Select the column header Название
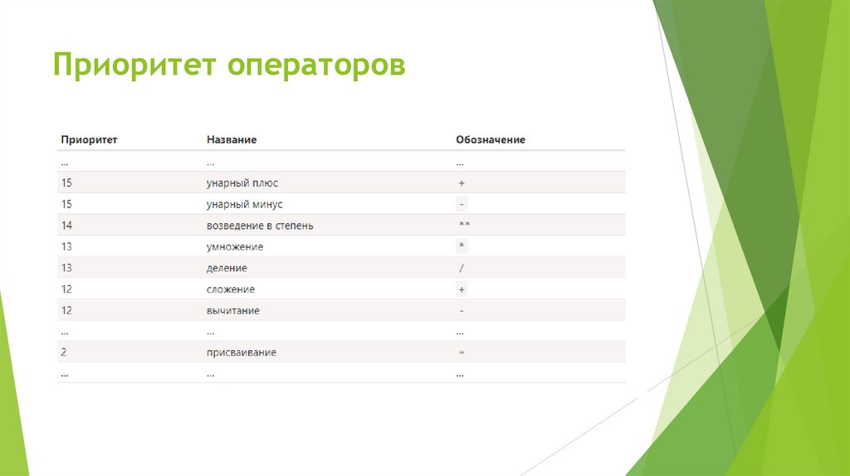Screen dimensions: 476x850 232,139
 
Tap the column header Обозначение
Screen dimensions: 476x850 491,139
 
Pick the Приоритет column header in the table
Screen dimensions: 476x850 89,139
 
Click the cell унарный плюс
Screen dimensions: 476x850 247,182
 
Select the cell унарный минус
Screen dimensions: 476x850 251,204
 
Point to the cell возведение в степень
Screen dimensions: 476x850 260,226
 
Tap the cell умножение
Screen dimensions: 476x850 235,247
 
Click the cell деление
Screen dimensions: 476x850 227,268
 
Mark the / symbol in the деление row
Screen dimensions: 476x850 462,268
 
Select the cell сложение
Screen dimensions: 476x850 231,289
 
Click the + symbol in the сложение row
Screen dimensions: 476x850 462,289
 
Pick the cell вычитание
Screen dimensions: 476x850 233,310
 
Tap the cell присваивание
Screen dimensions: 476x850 242,352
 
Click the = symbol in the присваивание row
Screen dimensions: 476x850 462,352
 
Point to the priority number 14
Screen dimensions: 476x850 66,226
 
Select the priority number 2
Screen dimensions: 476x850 64,352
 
